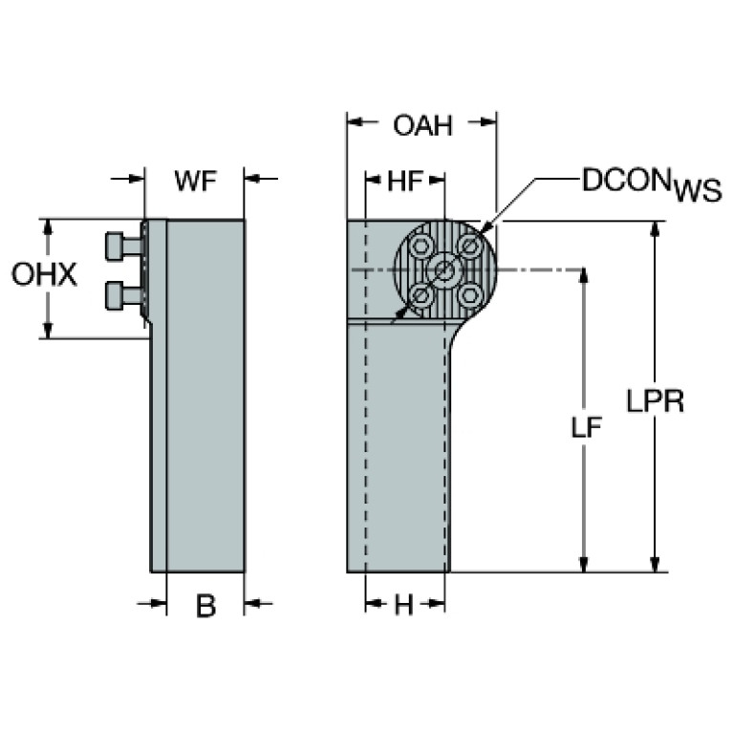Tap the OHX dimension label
44,276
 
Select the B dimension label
205,606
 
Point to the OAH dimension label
421,125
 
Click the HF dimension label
405,181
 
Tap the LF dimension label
586,429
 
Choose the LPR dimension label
655,401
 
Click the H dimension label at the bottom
404,606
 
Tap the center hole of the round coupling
445,270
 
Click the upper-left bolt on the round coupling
420,246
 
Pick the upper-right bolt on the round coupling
468,246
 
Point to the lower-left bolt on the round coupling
420,294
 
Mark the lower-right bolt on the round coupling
468,294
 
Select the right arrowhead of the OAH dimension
490,122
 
